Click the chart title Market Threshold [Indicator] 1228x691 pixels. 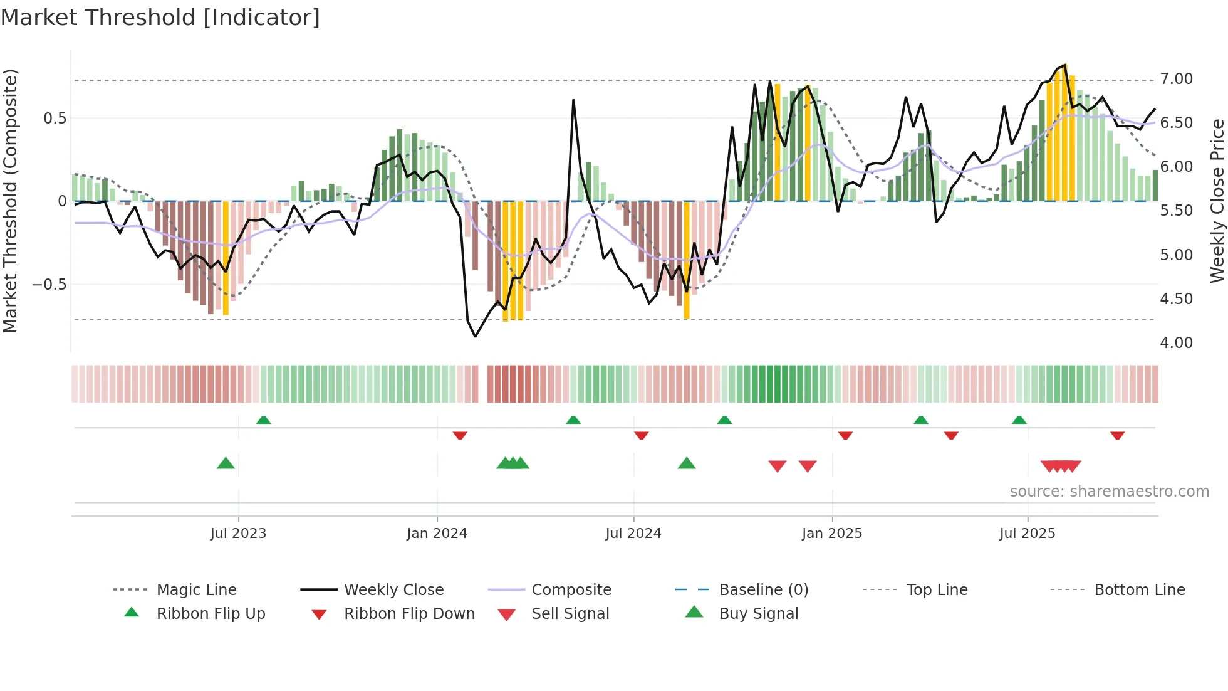pos(160,18)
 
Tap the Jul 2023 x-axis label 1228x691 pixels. pos(238,534)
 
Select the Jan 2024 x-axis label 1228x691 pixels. pos(437,534)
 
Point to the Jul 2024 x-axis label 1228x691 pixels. pos(633,534)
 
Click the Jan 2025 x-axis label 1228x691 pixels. pos(832,534)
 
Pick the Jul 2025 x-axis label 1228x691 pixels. pos(1028,534)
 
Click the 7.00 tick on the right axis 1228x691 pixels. pos(1176,79)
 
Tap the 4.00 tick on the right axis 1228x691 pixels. pos(1176,343)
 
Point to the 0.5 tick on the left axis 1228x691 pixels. pos(55,119)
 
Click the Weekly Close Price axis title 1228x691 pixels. pos(1217,201)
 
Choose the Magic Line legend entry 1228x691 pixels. pos(196,590)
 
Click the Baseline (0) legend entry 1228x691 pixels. pos(763,590)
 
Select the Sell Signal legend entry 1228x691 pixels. pos(570,614)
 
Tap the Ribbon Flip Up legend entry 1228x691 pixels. pos(211,614)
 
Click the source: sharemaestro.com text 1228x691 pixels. pos(1109,492)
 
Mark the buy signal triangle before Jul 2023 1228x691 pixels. pos(226,463)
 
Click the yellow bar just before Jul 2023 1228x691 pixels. pos(226,257)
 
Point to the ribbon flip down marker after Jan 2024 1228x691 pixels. pos(460,435)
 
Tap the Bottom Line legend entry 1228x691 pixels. pos(1139,590)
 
